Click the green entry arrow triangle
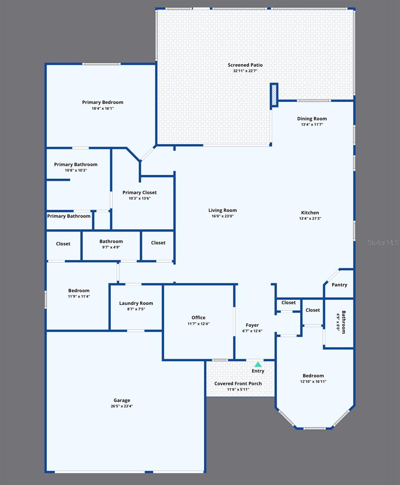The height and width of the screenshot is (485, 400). [258, 364]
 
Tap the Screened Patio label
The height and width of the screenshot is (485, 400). [245, 65]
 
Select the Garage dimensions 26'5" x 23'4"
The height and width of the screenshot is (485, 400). [122, 406]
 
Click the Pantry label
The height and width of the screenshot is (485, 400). [339, 285]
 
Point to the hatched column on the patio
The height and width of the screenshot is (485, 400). [274, 95]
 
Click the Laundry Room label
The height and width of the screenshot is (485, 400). [136, 304]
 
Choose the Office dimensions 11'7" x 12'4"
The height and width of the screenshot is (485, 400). [198, 324]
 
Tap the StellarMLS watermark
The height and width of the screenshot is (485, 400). [383, 242]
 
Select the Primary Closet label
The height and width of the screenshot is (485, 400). [140, 193]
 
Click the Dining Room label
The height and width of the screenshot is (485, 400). [312, 119]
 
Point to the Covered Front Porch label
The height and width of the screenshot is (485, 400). [238, 384]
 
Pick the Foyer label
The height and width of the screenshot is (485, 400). [252, 325]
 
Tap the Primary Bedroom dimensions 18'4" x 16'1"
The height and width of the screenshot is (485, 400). [103, 108]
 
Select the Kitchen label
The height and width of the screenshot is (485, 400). [310, 213]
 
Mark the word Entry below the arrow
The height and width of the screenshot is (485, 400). [258, 371]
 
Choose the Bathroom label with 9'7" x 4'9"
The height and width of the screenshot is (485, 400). [111, 242]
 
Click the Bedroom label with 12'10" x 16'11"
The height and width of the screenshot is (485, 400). [313, 376]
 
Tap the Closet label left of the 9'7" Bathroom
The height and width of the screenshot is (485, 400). [63, 244]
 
